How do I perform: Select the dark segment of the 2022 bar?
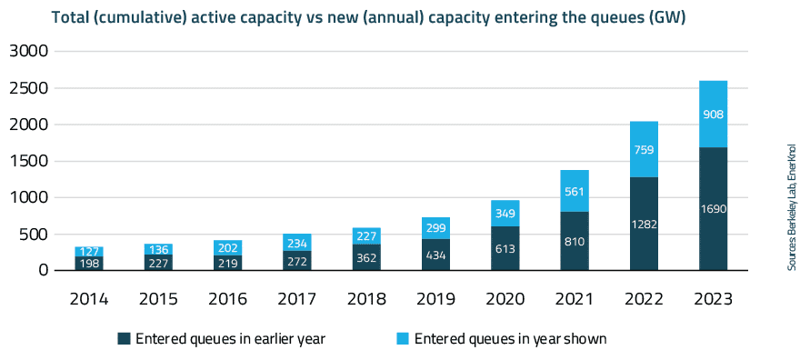pyautogui.click(x=644, y=223)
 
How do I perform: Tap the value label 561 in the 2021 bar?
pyautogui.click(x=575, y=191)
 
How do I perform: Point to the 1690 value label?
pyautogui.click(x=714, y=208)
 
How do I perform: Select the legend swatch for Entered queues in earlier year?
pyautogui.click(x=124, y=339)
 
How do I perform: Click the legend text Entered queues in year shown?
pyautogui.click(x=510, y=339)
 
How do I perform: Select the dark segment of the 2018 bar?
pyautogui.click(x=366, y=256)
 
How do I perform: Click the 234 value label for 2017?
pyautogui.click(x=296, y=243)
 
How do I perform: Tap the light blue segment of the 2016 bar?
pyautogui.click(x=227, y=247)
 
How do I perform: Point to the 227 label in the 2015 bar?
pyautogui.click(x=158, y=262)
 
